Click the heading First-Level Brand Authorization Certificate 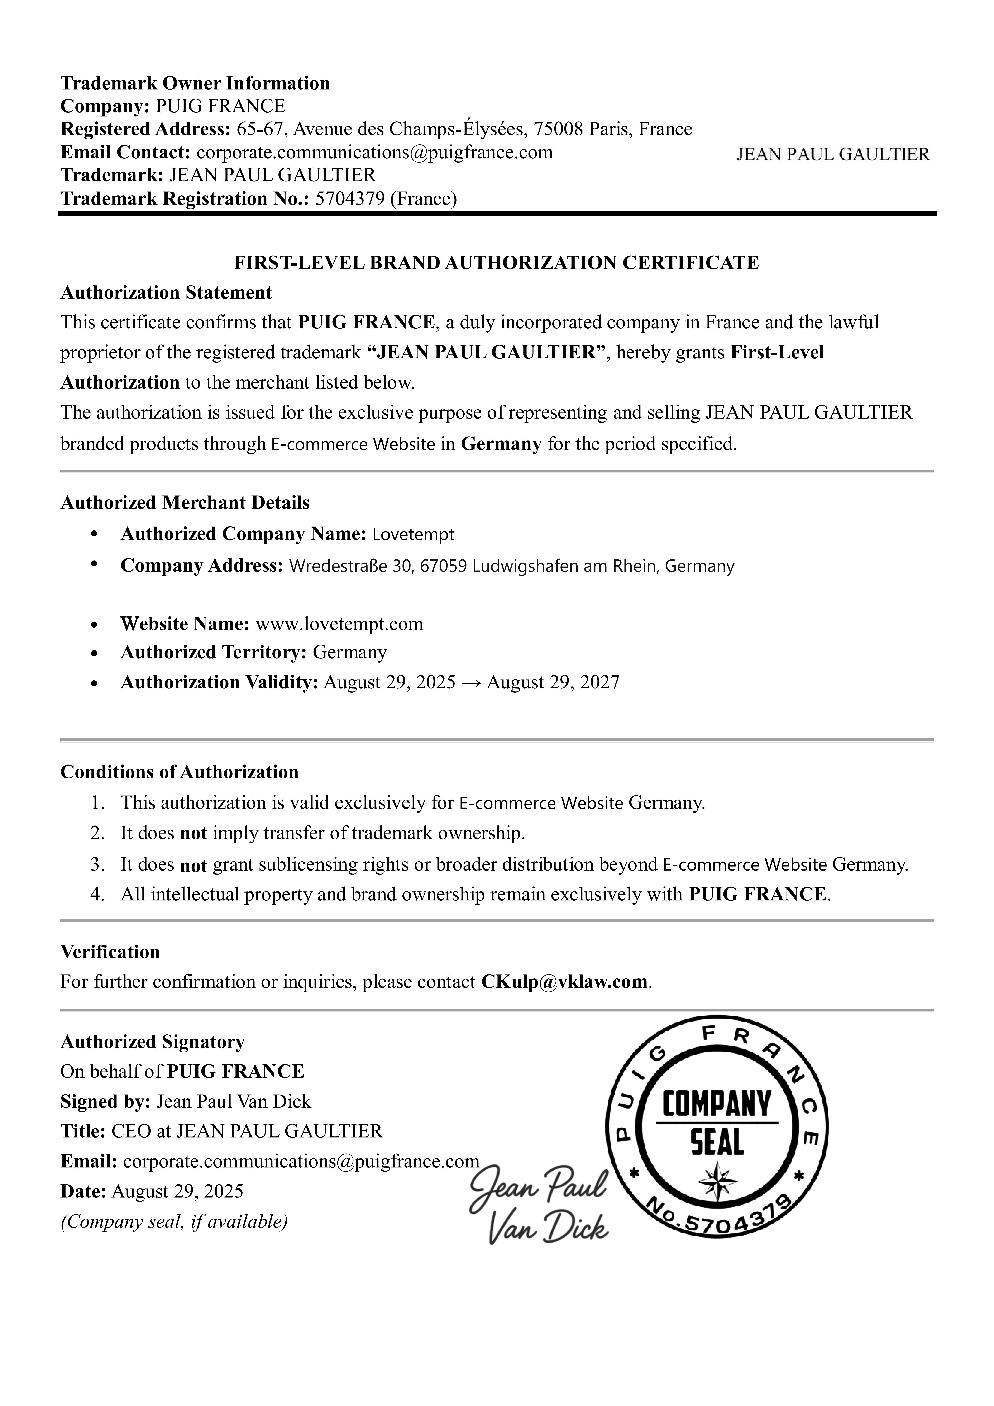coord(497,263)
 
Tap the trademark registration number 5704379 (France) coord(386,199)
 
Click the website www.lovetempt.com coord(339,624)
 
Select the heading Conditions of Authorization coord(180,772)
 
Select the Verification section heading coord(110,952)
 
